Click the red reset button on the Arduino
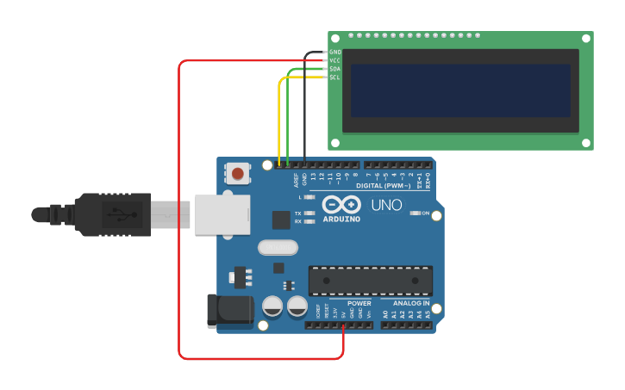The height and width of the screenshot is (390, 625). tap(237, 174)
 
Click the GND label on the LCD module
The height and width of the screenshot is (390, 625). tap(335, 53)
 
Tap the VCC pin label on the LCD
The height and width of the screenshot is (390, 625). tap(335, 60)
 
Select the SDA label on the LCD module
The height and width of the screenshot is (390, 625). tap(335, 69)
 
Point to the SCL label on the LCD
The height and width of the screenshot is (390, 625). tap(335, 77)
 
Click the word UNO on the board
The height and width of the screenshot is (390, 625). tap(386, 205)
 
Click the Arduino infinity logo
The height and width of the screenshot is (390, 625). tap(341, 205)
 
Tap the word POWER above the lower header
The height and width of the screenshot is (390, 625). tap(359, 303)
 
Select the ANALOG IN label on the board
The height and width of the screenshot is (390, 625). tap(411, 303)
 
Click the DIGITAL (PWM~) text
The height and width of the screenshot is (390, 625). tap(384, 185)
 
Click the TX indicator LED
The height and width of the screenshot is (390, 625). tap(309, 213)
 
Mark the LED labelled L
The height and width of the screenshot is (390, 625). tap(309, 197)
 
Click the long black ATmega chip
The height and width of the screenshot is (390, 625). tap(371, 281)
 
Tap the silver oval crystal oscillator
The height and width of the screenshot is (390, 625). tap(278, 248)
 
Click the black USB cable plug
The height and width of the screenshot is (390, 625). tap(112, 214)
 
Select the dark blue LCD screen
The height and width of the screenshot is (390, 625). tap(460, 90)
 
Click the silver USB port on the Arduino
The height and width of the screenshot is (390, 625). tap(222, 214)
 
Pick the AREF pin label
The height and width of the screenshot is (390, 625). tap(296, 179)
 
